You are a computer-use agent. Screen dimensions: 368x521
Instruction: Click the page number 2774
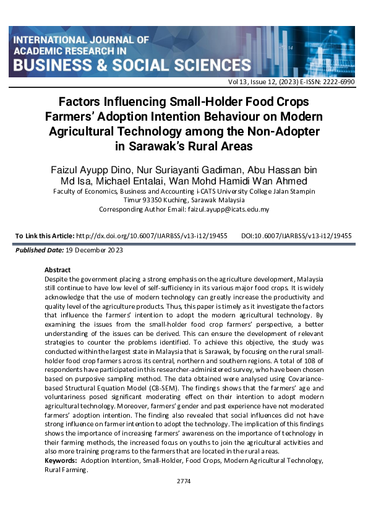184,480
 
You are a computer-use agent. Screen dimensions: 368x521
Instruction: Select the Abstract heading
58,270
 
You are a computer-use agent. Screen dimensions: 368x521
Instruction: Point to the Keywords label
61,461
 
